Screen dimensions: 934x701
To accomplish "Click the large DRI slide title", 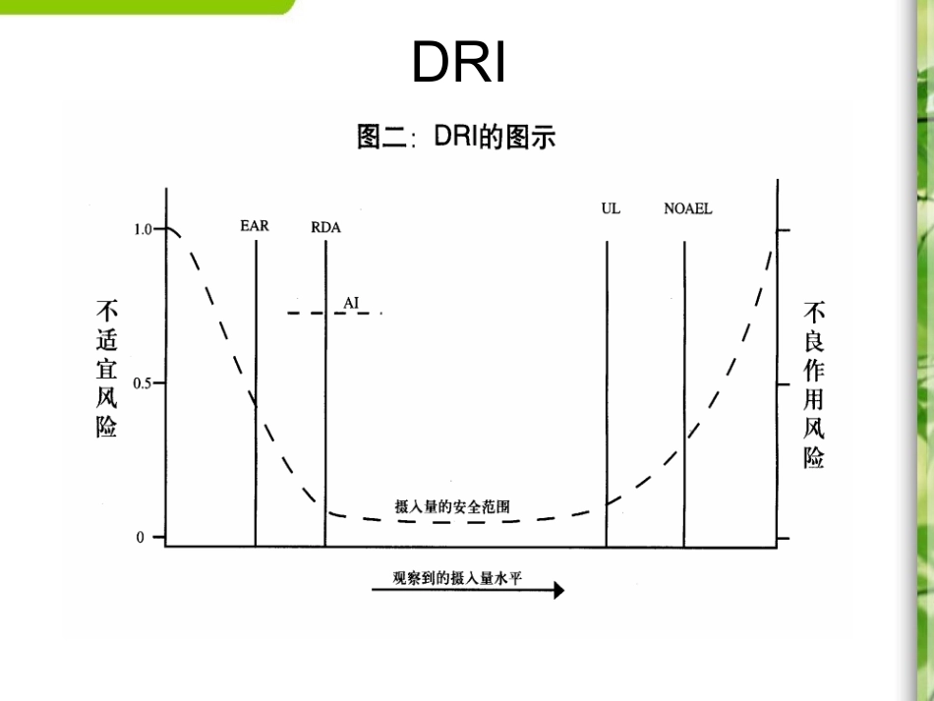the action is coord(459,62).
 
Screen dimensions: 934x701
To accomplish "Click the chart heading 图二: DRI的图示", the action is coord(456,136).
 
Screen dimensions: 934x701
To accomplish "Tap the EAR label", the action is coord(254,226).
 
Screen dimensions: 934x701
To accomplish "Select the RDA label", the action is coord(325,227).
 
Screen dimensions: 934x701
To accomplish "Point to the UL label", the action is coord(611,208).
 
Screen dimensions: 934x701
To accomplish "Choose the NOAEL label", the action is coord(688,208).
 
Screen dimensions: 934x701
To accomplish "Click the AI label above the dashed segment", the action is coord(351,302).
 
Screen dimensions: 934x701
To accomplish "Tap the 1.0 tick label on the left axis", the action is coord(143,229).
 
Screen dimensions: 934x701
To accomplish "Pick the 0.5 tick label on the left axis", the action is coord(143,382).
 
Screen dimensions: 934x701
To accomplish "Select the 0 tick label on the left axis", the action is coord(140,538).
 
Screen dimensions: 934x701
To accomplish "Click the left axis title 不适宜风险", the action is coord(106,369).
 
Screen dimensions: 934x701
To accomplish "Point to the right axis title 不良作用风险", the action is coord(814,384).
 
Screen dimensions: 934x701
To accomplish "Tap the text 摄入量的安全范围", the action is coord(451,507).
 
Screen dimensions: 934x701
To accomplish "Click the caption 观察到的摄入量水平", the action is coord(457,577).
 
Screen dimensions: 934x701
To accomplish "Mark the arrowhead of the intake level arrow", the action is coord(559,590).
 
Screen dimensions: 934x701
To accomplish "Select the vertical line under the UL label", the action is coord(607,393).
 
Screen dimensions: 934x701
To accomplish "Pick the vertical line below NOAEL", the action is coord(684,393).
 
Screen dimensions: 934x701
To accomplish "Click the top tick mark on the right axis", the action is coord(783,229).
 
